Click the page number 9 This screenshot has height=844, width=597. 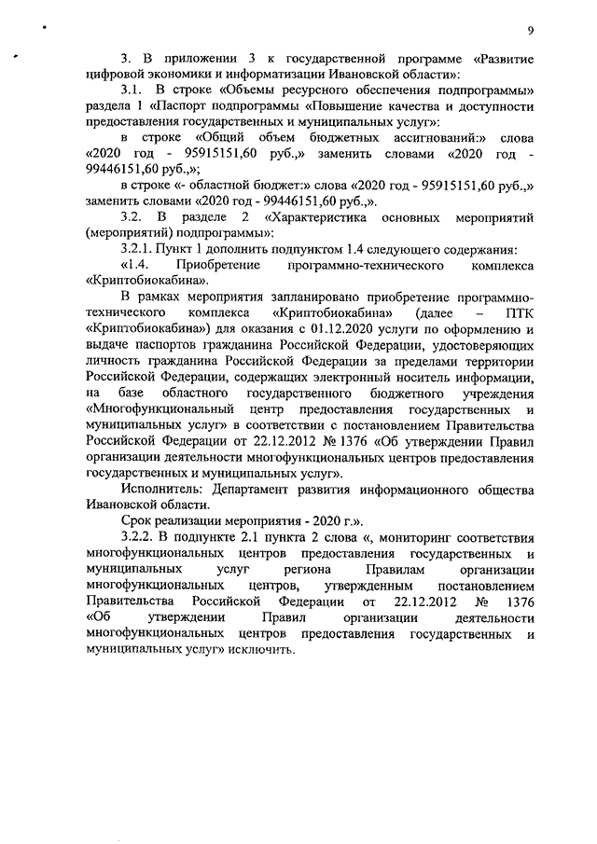point(529,30)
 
